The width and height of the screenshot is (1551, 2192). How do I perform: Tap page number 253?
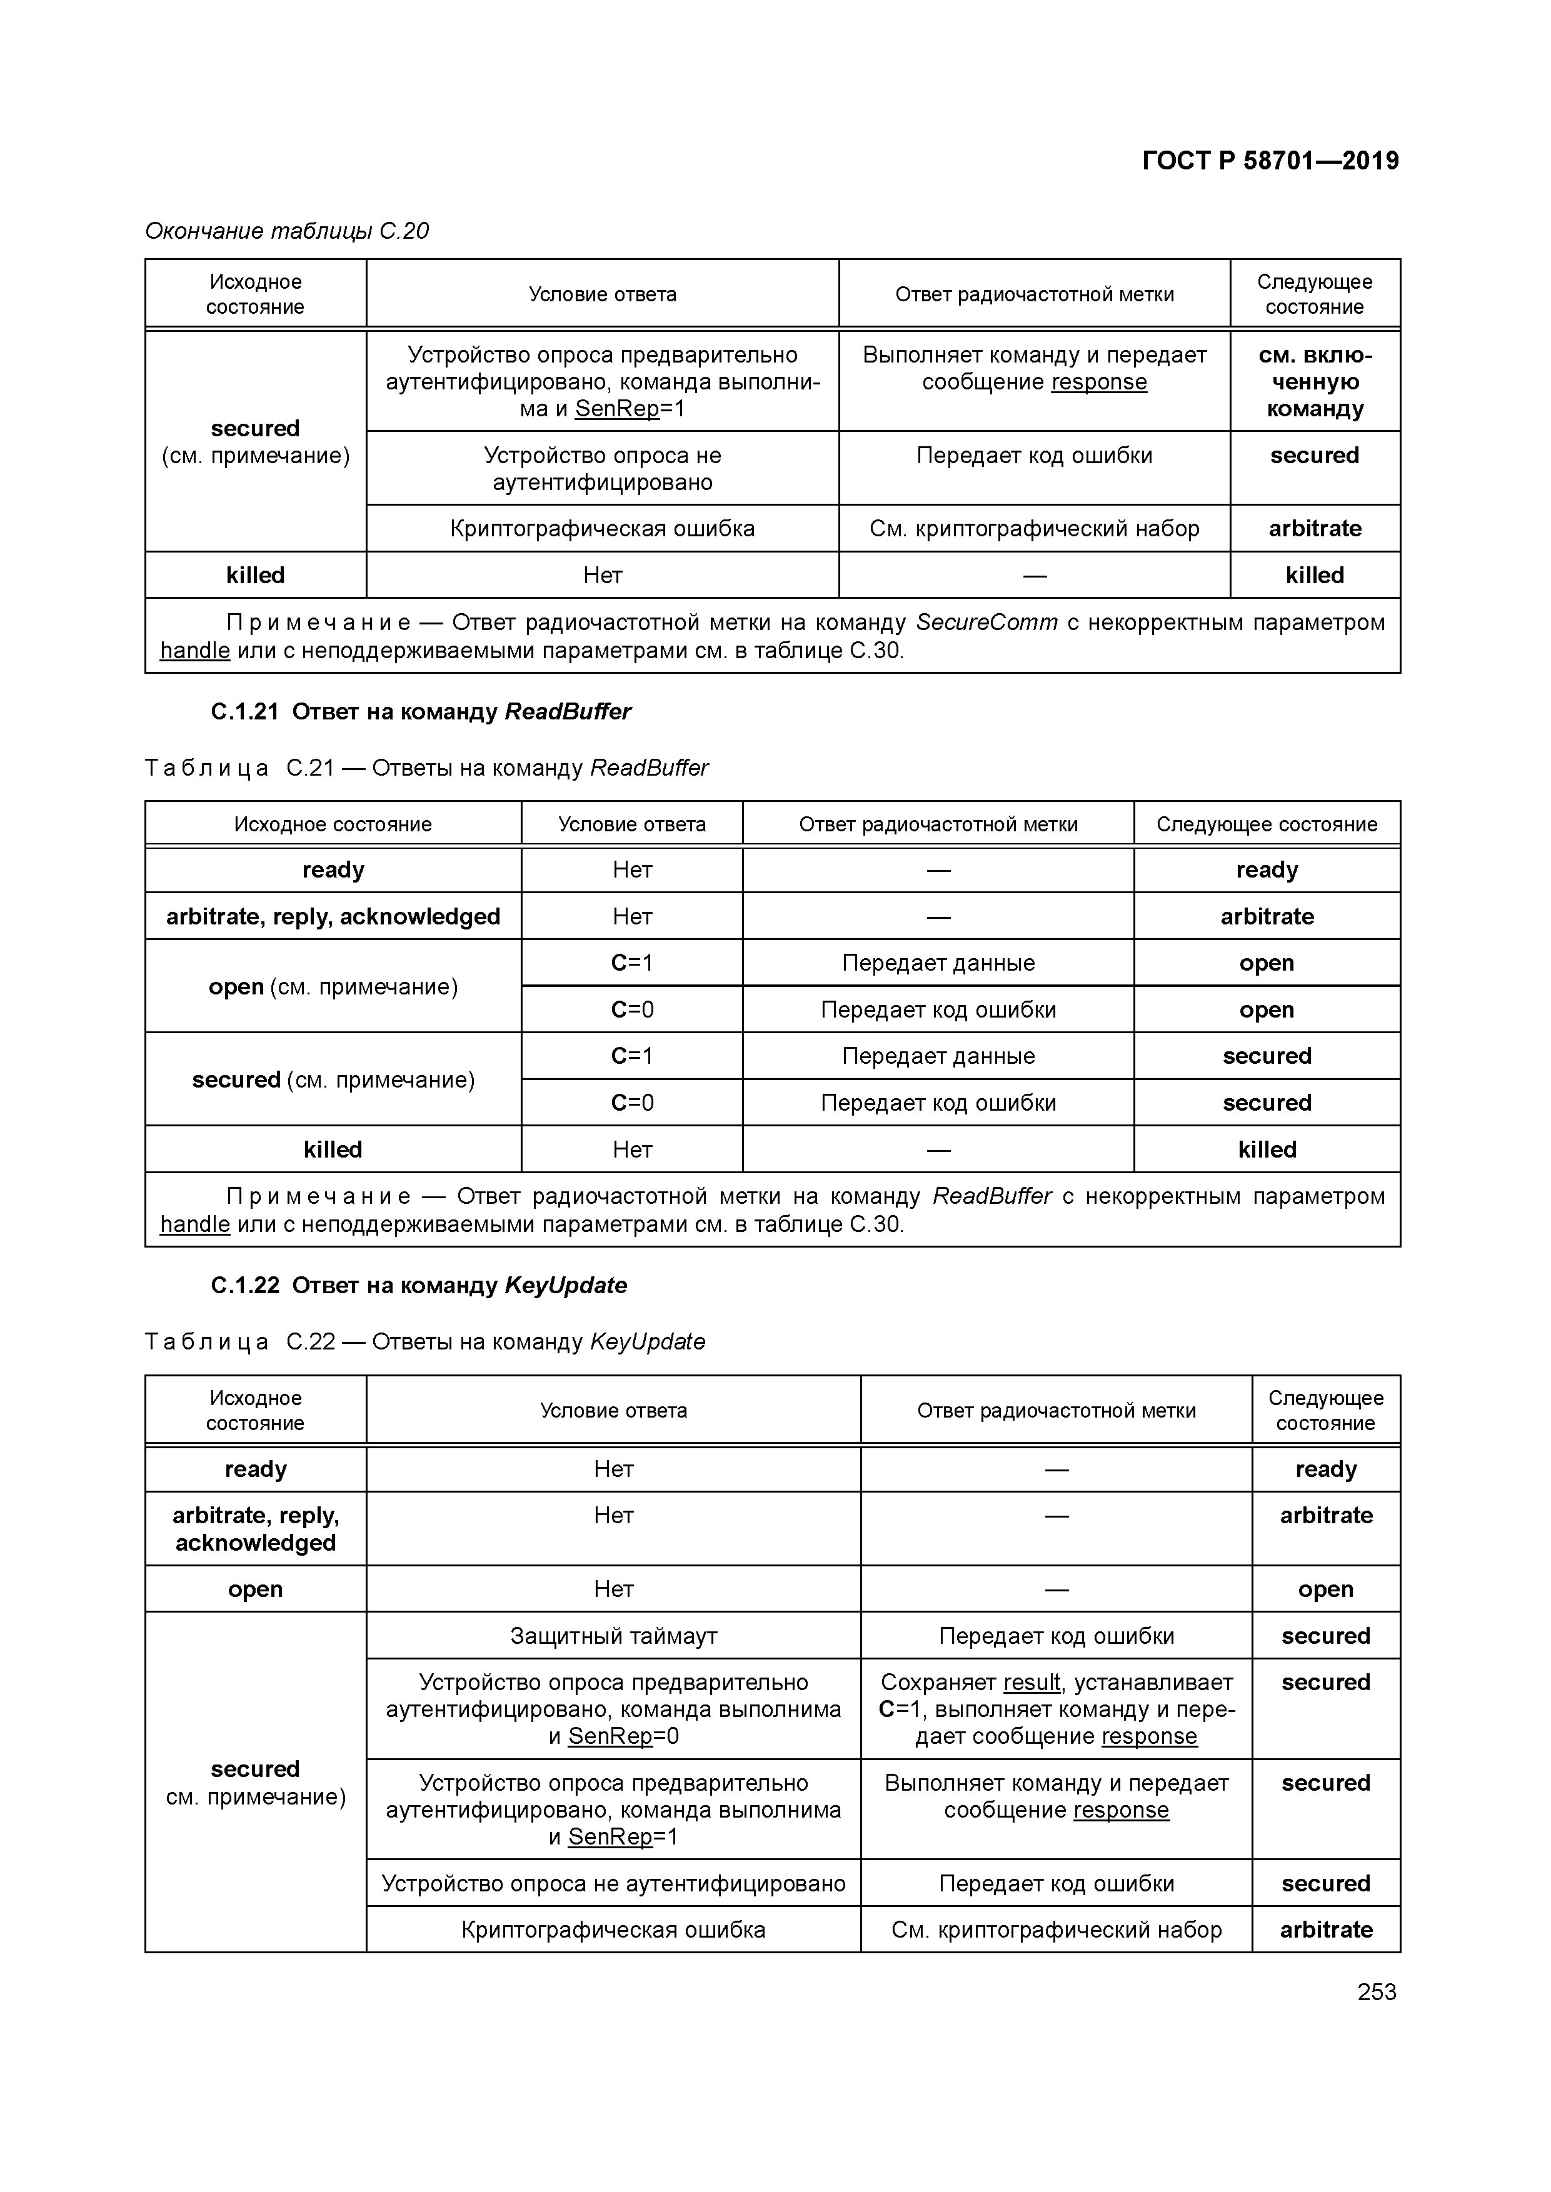1376,1991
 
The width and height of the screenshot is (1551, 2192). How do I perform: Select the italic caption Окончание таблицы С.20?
286,231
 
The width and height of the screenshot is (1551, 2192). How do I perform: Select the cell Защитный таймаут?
613,1636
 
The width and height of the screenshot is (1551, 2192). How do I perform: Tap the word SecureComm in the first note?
986,623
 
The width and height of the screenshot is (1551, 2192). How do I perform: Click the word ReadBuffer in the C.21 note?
991,1197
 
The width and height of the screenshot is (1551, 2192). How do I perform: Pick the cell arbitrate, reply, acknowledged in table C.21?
333,916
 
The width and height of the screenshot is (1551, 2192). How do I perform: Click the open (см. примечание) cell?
333,987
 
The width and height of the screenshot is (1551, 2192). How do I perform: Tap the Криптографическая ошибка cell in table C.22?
613,1930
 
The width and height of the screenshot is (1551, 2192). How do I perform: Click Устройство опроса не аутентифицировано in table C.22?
613,1884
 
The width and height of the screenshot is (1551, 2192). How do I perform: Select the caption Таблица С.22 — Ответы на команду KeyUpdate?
425,1343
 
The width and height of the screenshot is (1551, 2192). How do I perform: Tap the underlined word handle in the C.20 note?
195,651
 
